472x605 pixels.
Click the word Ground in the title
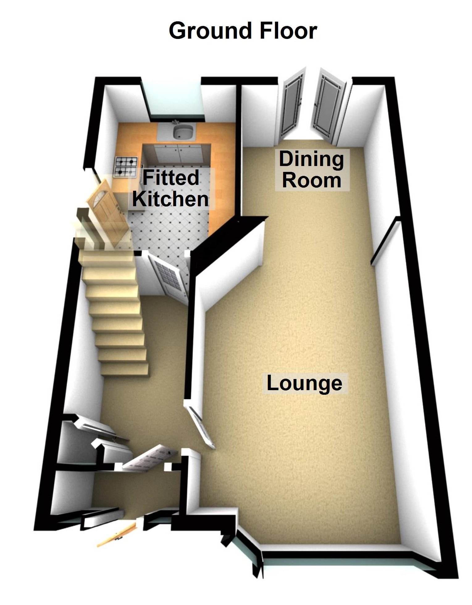click(x=210, y=32)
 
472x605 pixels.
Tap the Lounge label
click(x=304, y=383)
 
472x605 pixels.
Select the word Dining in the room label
click(x=311, y=159)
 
